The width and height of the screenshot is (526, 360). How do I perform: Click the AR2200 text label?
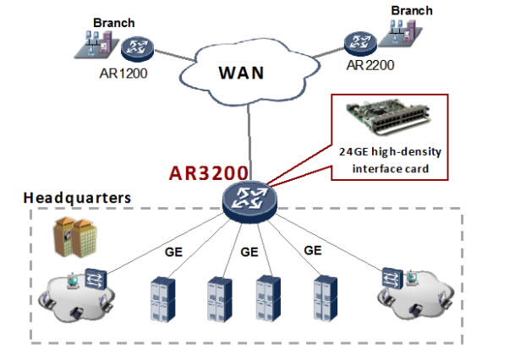(x=370, y=65)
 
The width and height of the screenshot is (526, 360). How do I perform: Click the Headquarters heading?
(x=77, y=198)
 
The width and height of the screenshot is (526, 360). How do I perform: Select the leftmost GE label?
(x=172, y=251)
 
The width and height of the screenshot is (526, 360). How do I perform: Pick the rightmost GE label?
(x=313, y=250)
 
